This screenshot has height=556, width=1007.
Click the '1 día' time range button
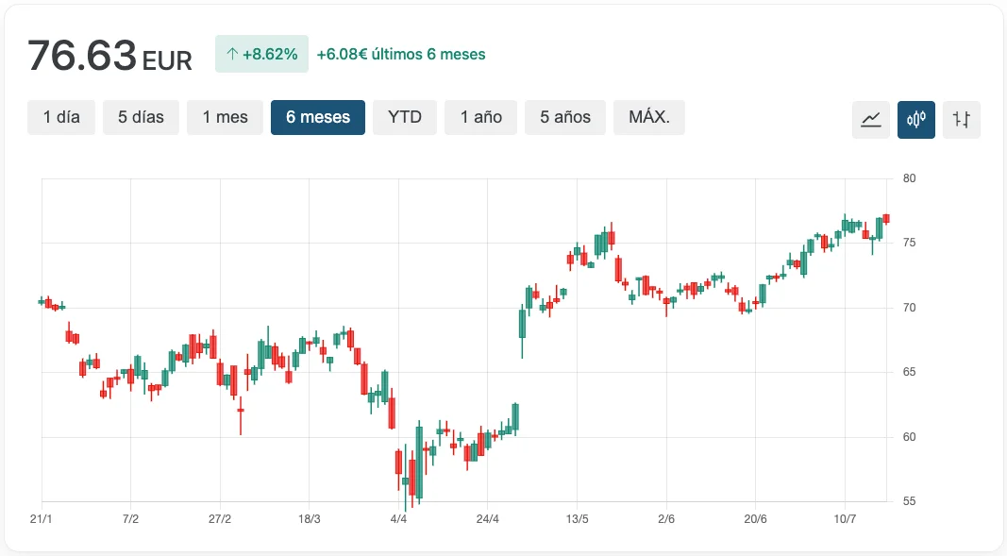(61, 118)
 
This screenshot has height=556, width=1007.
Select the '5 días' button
(141, 118)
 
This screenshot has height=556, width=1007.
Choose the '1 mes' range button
(225, 118)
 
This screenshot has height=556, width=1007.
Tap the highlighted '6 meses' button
(318, 118)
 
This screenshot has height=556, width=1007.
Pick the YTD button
(405, 118)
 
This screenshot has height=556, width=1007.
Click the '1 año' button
(481, 118)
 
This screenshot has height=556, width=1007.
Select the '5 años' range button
(565, 118)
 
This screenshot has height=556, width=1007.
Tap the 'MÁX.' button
(649, 118)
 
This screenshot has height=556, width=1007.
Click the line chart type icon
(871, 120)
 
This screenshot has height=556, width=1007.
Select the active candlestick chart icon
(916, 120)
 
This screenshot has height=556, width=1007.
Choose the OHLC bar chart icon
(962, 120)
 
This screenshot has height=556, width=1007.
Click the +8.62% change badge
(261, 55)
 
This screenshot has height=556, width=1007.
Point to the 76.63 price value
(82, 57)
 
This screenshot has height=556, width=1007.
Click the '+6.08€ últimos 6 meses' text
(401, 55)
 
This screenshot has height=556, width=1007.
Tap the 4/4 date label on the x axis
(398, 519)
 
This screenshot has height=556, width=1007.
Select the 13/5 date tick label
(578, 519)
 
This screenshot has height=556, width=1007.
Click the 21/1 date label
(41, 519)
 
